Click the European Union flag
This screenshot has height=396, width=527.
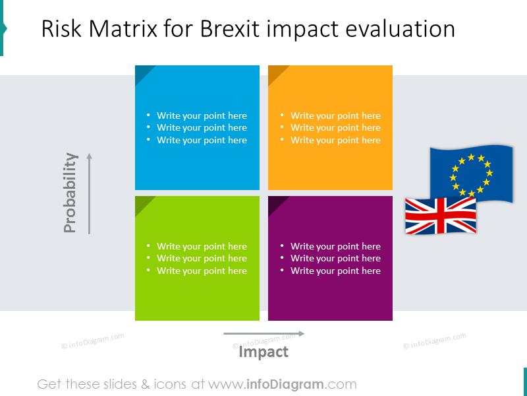coord(471,173)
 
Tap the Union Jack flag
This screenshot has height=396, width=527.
coord(440,216)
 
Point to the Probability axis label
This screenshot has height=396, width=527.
coord(70,193)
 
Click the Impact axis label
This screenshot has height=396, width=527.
coord(263,352)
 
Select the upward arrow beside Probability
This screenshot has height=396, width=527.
coord(89,193)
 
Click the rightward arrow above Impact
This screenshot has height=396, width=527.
coord(263,334)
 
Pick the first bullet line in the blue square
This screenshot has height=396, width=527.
coord(202,115)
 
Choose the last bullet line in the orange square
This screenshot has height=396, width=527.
coord(335,140)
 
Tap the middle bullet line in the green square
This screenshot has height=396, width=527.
coord(202,258)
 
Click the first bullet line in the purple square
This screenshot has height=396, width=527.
coord(335,246)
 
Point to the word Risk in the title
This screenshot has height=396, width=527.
coord(60,29)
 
